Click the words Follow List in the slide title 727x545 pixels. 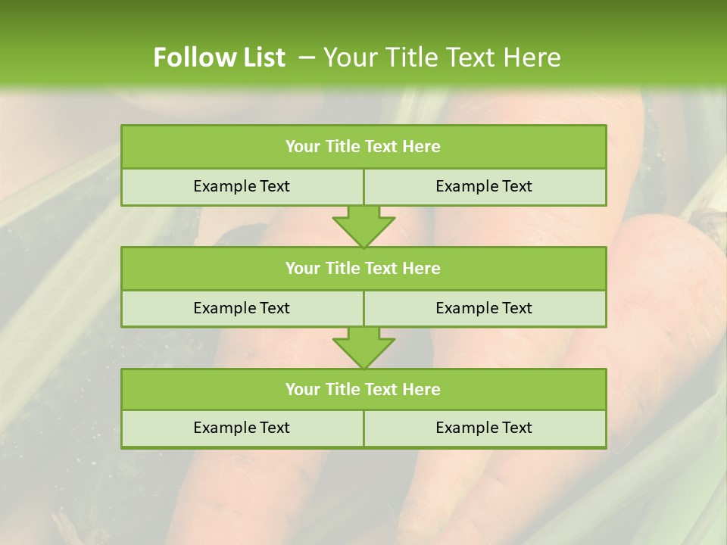click(x=219, y=58)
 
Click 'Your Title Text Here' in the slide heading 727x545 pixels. click(x=442, y=58)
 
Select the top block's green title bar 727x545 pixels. click(x=363, y=147)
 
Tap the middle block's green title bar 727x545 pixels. click(x=363, y=268)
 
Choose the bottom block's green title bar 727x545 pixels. click(x=363, y=389)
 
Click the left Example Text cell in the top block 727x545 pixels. click(x=242, y=186)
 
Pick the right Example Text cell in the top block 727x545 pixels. click(x=485, y=186)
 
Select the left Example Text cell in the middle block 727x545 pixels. click(x=242, y=308)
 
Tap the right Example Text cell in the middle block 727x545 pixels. click(x=485, y=308)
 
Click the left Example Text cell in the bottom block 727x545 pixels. click(x=242, y=428)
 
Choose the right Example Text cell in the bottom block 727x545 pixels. click(x=485, y=428)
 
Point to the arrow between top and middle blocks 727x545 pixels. click(x=363, y=226)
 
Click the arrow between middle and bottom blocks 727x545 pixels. click(x=363, y=347)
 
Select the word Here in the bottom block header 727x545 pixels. click(x=422, y=389)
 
